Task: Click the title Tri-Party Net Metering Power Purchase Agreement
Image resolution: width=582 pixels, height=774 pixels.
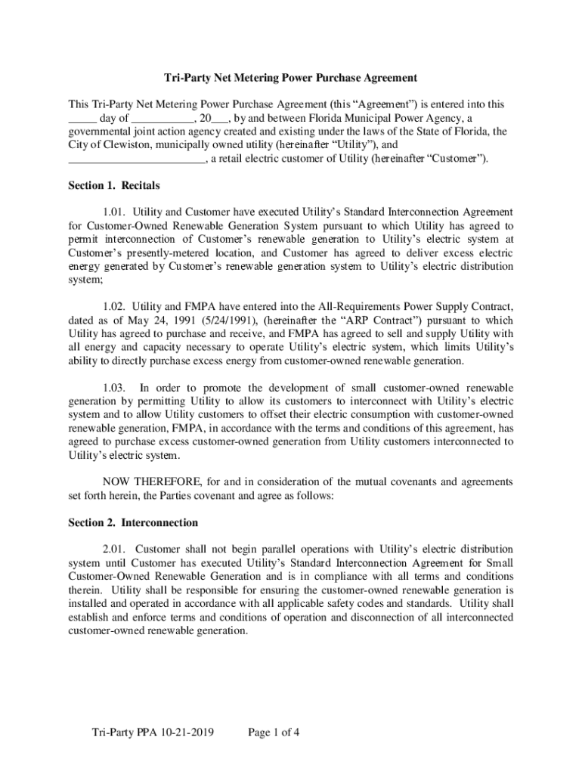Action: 291,78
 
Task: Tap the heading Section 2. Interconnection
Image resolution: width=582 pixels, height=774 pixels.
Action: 133,522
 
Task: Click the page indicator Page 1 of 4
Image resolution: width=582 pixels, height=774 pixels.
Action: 274,733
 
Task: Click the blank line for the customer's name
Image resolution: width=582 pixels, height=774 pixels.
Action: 136,159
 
